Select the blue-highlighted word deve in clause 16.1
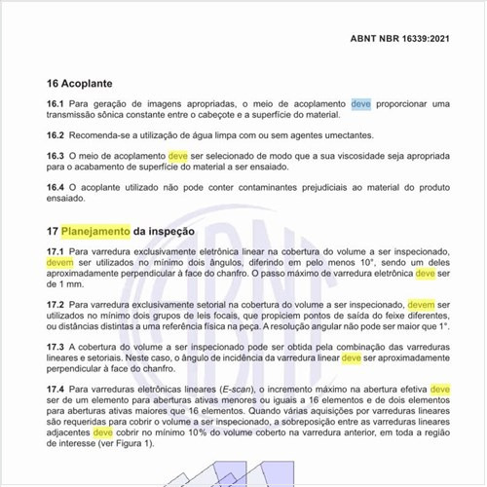[x=360, y=102]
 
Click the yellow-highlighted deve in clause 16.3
[x=178, y=155]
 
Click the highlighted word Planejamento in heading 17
[x=95, y=232]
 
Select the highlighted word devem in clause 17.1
[x=59, y=262]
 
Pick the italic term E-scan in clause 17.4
[x=235, y=390]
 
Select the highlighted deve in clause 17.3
[x=351, y=357]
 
